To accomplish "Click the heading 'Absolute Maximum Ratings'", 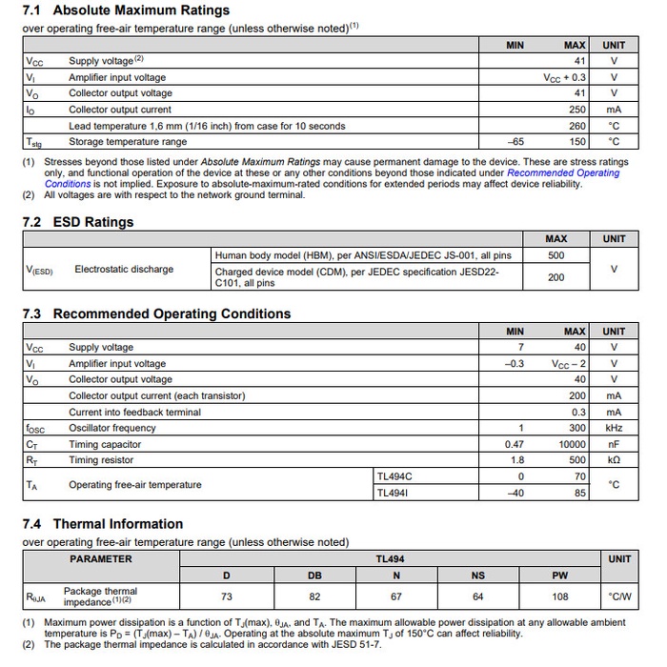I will (140, 10).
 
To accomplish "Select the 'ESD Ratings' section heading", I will (92, 222).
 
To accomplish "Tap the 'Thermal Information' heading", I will (117, 523).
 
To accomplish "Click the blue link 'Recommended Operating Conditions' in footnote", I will (563, 173).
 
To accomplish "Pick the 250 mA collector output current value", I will (577, 110).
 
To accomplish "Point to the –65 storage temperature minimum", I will (515, 142).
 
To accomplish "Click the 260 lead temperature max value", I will (577, 126).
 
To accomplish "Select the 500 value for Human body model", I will (556, 255).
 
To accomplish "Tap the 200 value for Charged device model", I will (556, 277).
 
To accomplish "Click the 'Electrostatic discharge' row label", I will (124, 270).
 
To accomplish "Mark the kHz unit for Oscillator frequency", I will (614, 428).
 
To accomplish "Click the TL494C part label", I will (394, 475).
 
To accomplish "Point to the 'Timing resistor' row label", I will (102, 460).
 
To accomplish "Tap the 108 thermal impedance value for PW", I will (560, 597).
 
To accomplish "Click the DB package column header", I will (315, 576).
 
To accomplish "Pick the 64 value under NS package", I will (478, 597).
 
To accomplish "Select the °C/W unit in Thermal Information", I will (619, 597).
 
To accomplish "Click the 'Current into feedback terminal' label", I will (134, 412).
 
